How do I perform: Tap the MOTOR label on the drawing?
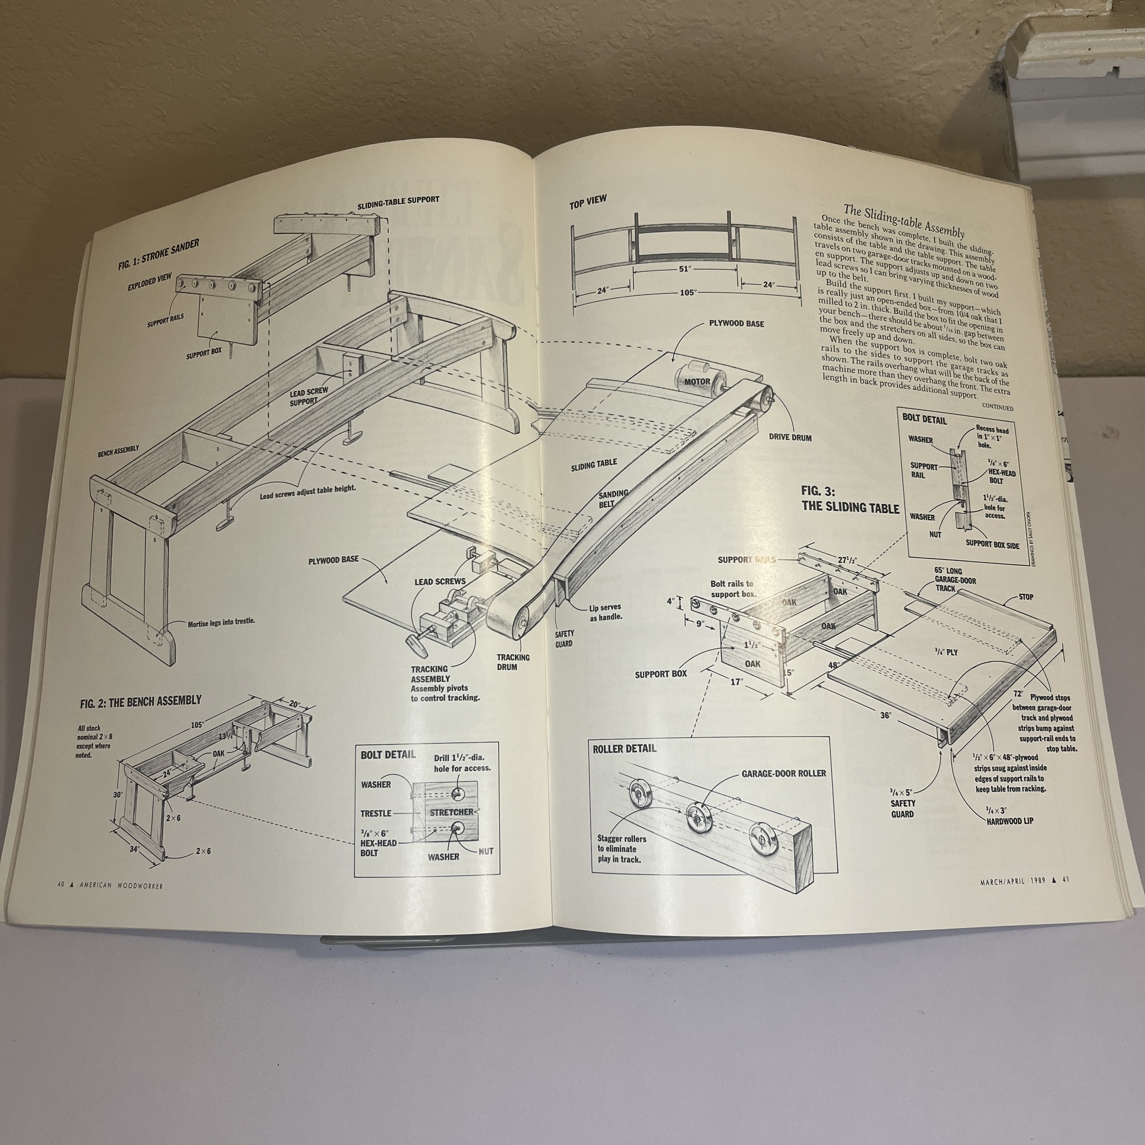click(x=697, y=382)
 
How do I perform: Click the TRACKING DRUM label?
click(x=513, y=662)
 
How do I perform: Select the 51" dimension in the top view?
click(x=685, y=268)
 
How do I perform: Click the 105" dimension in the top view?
click(x=688, y=293)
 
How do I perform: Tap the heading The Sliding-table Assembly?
click(x=904, y=220)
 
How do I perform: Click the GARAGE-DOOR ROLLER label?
click(x=783, y=774)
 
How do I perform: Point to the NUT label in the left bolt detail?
click(x=486, y=851)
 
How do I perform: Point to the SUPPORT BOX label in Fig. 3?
click(x=661, y=674)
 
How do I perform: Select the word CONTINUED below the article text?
click(x=997, y=408)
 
